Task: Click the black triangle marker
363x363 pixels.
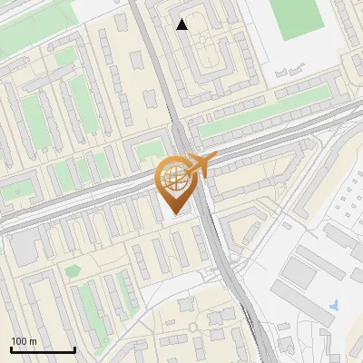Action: click(x=182, y=25)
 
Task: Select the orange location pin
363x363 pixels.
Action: click(x=175, y=186)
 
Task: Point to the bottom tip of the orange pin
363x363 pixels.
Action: click(x=176, y=214)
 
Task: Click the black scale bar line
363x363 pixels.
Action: click(x=42, y=350)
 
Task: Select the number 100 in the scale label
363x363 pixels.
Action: click(x=19, y=341)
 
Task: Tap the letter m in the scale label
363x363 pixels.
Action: click(x=33, y=341)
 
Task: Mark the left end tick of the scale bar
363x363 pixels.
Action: click(x=11, y=348)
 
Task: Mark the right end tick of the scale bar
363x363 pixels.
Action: click(x=74, y=348)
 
